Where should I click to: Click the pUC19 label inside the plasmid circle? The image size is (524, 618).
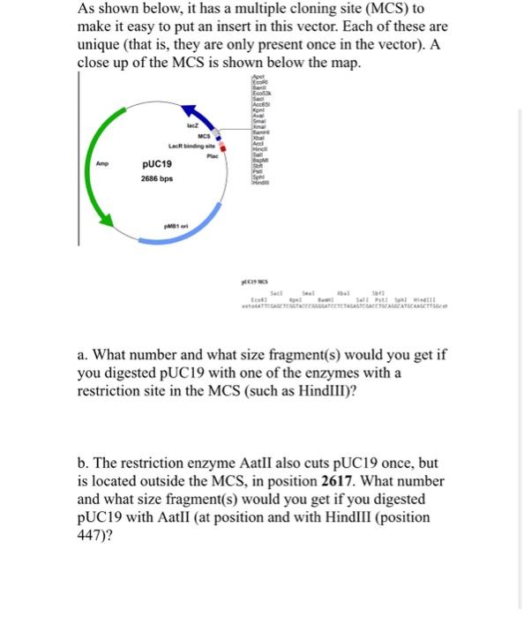point(157,164)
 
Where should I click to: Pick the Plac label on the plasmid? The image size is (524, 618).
point(211,156)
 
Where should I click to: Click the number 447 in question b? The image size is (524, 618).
point(92,535)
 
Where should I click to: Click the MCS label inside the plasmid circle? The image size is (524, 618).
point(203,136)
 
